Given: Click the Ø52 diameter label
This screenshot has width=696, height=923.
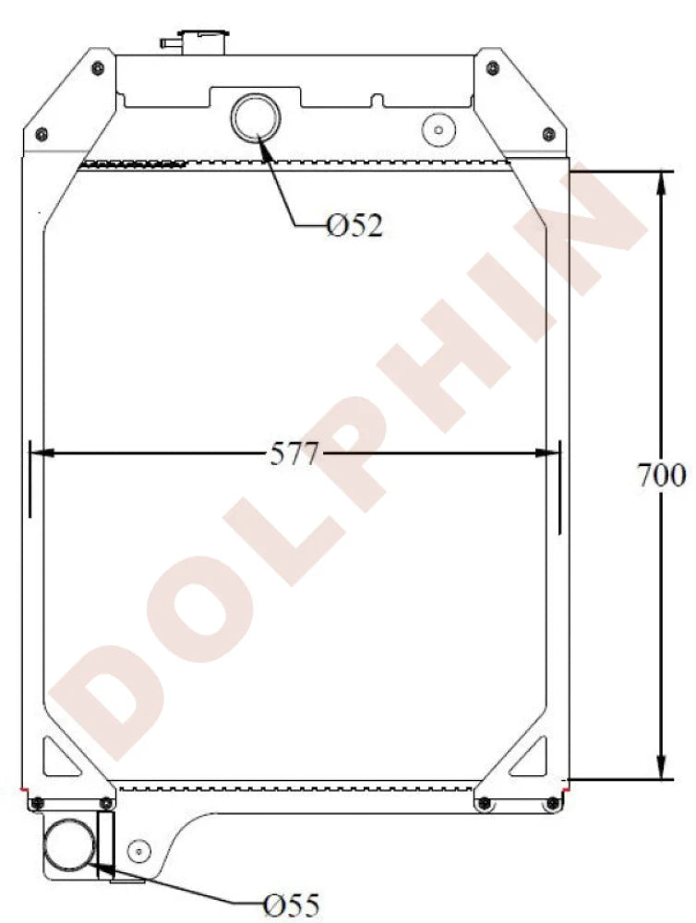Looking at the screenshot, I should [354, 225].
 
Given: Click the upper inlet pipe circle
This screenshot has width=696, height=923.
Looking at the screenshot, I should [254, 117].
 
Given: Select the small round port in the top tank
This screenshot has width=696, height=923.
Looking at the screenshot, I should [434, 128].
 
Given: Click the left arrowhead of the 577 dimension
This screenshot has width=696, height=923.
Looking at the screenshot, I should [42, 453].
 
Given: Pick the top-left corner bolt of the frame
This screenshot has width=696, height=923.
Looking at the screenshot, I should [96, 67].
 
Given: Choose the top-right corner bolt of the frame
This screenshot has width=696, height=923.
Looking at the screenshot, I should [492, 67].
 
